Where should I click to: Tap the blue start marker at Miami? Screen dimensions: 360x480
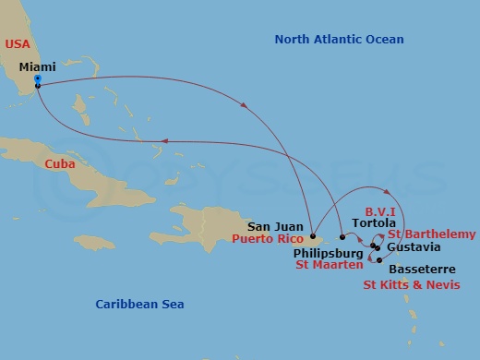click(x=37, y=79)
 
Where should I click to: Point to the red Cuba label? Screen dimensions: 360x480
click(x=58, y=163)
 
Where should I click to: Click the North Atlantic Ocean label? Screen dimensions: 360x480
click(x=340, y=39)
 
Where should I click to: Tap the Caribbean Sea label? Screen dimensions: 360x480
click(x=140, y=304)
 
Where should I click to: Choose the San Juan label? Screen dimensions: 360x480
click(x=275, y=224)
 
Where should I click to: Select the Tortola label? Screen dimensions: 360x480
click(x=374, y=223)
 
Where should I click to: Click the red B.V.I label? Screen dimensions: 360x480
click(x=381, y=210)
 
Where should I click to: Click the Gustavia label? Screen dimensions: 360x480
click(x=414, y=247)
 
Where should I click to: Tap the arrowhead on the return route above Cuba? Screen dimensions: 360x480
click(x=162, y=140)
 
